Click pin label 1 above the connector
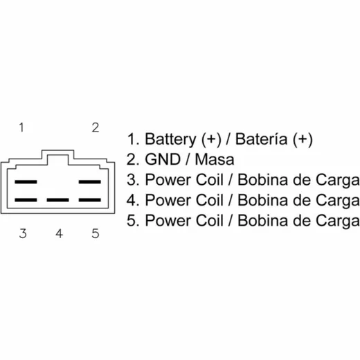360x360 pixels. [21, 127]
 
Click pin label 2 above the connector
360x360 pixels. [96, 127]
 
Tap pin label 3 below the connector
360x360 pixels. [23, 233]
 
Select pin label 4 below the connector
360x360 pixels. [59, 233]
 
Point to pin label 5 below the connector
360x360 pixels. [96, 233]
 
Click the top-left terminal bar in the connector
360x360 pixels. [26, 182]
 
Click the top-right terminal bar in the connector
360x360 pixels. [90, 182]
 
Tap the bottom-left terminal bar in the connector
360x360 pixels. [26, 200]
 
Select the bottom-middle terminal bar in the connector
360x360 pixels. [57, 200]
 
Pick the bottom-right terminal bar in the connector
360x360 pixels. [90, 200]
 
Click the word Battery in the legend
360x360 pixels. [170, 139]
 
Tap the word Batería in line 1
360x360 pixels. [261, 139]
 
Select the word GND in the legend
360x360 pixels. [163, 159]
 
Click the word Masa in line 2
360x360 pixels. [215, 159]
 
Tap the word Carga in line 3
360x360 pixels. [338, 181]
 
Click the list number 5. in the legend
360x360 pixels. [133, 220]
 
